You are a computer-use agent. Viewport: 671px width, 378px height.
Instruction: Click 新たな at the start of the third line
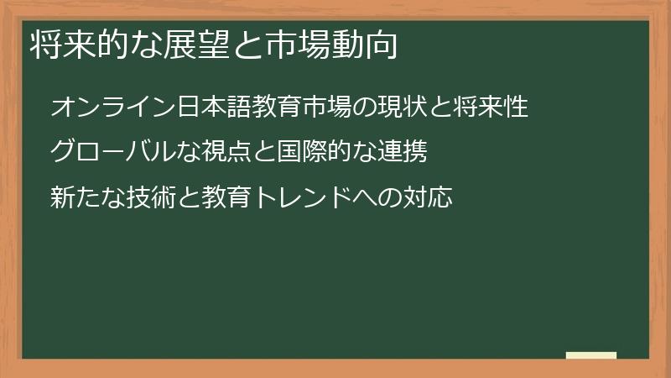(x=86, y=198)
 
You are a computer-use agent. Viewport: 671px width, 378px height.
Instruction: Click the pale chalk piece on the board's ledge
(x=590, y=355)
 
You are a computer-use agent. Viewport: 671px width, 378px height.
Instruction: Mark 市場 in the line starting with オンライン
(x=309, y=108)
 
